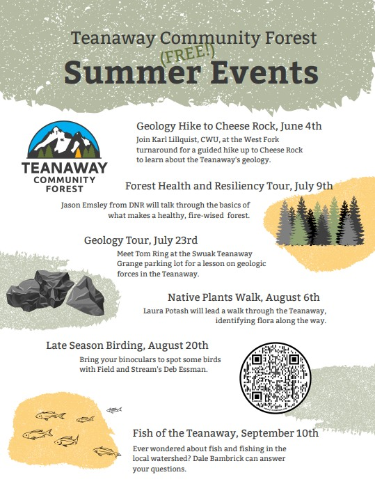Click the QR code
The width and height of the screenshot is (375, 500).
tap(276, 377)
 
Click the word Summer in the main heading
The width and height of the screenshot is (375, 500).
tap(133, 72)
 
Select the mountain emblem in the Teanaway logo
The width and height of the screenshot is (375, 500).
tap(65, 140)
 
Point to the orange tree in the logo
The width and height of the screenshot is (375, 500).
tap(78, 153)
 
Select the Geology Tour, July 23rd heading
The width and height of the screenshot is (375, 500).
tap(141, 240)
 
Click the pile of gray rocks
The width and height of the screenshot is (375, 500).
tap(55, 292)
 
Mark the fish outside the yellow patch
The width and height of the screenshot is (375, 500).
tap(113, 409)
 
